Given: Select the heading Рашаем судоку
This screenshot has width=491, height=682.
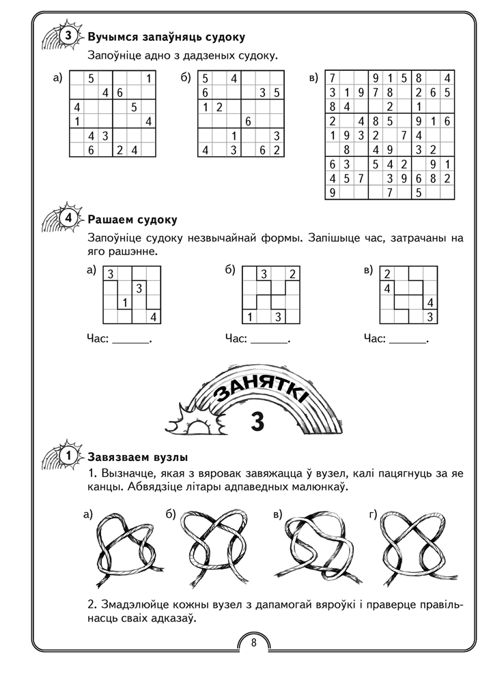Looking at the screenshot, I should coord(132,220).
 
